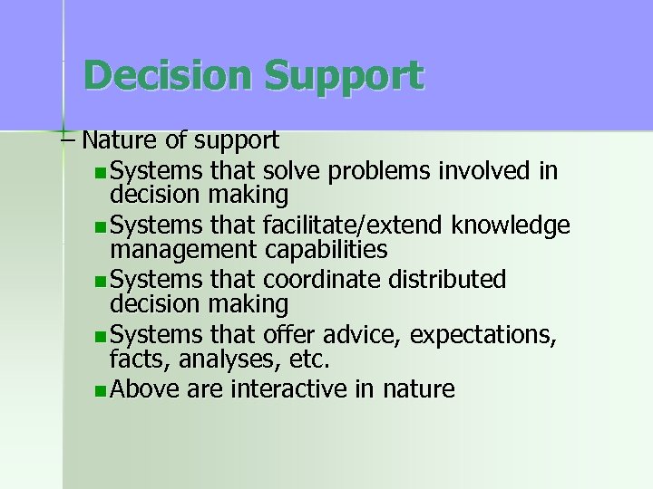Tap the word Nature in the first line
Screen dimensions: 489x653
point(113,140)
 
